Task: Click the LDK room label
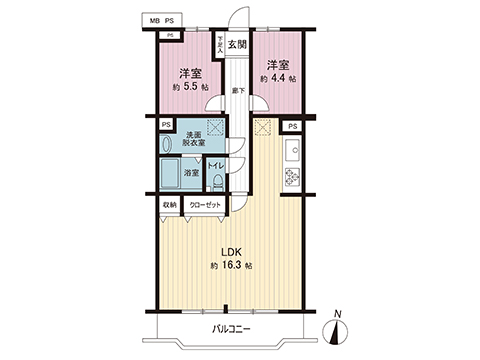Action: coord(231,252)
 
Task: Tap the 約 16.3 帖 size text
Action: coord(231,267)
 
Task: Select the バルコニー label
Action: coord(230,329)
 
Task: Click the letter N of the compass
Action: coord(338,314)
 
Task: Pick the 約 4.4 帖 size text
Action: coord(277,77)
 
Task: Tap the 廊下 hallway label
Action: coord(237,91)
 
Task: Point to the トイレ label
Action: coord(215,163)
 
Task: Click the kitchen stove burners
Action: coord(293,177)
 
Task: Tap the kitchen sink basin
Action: coord(293,152)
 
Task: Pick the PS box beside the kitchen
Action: coord(293,127)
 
